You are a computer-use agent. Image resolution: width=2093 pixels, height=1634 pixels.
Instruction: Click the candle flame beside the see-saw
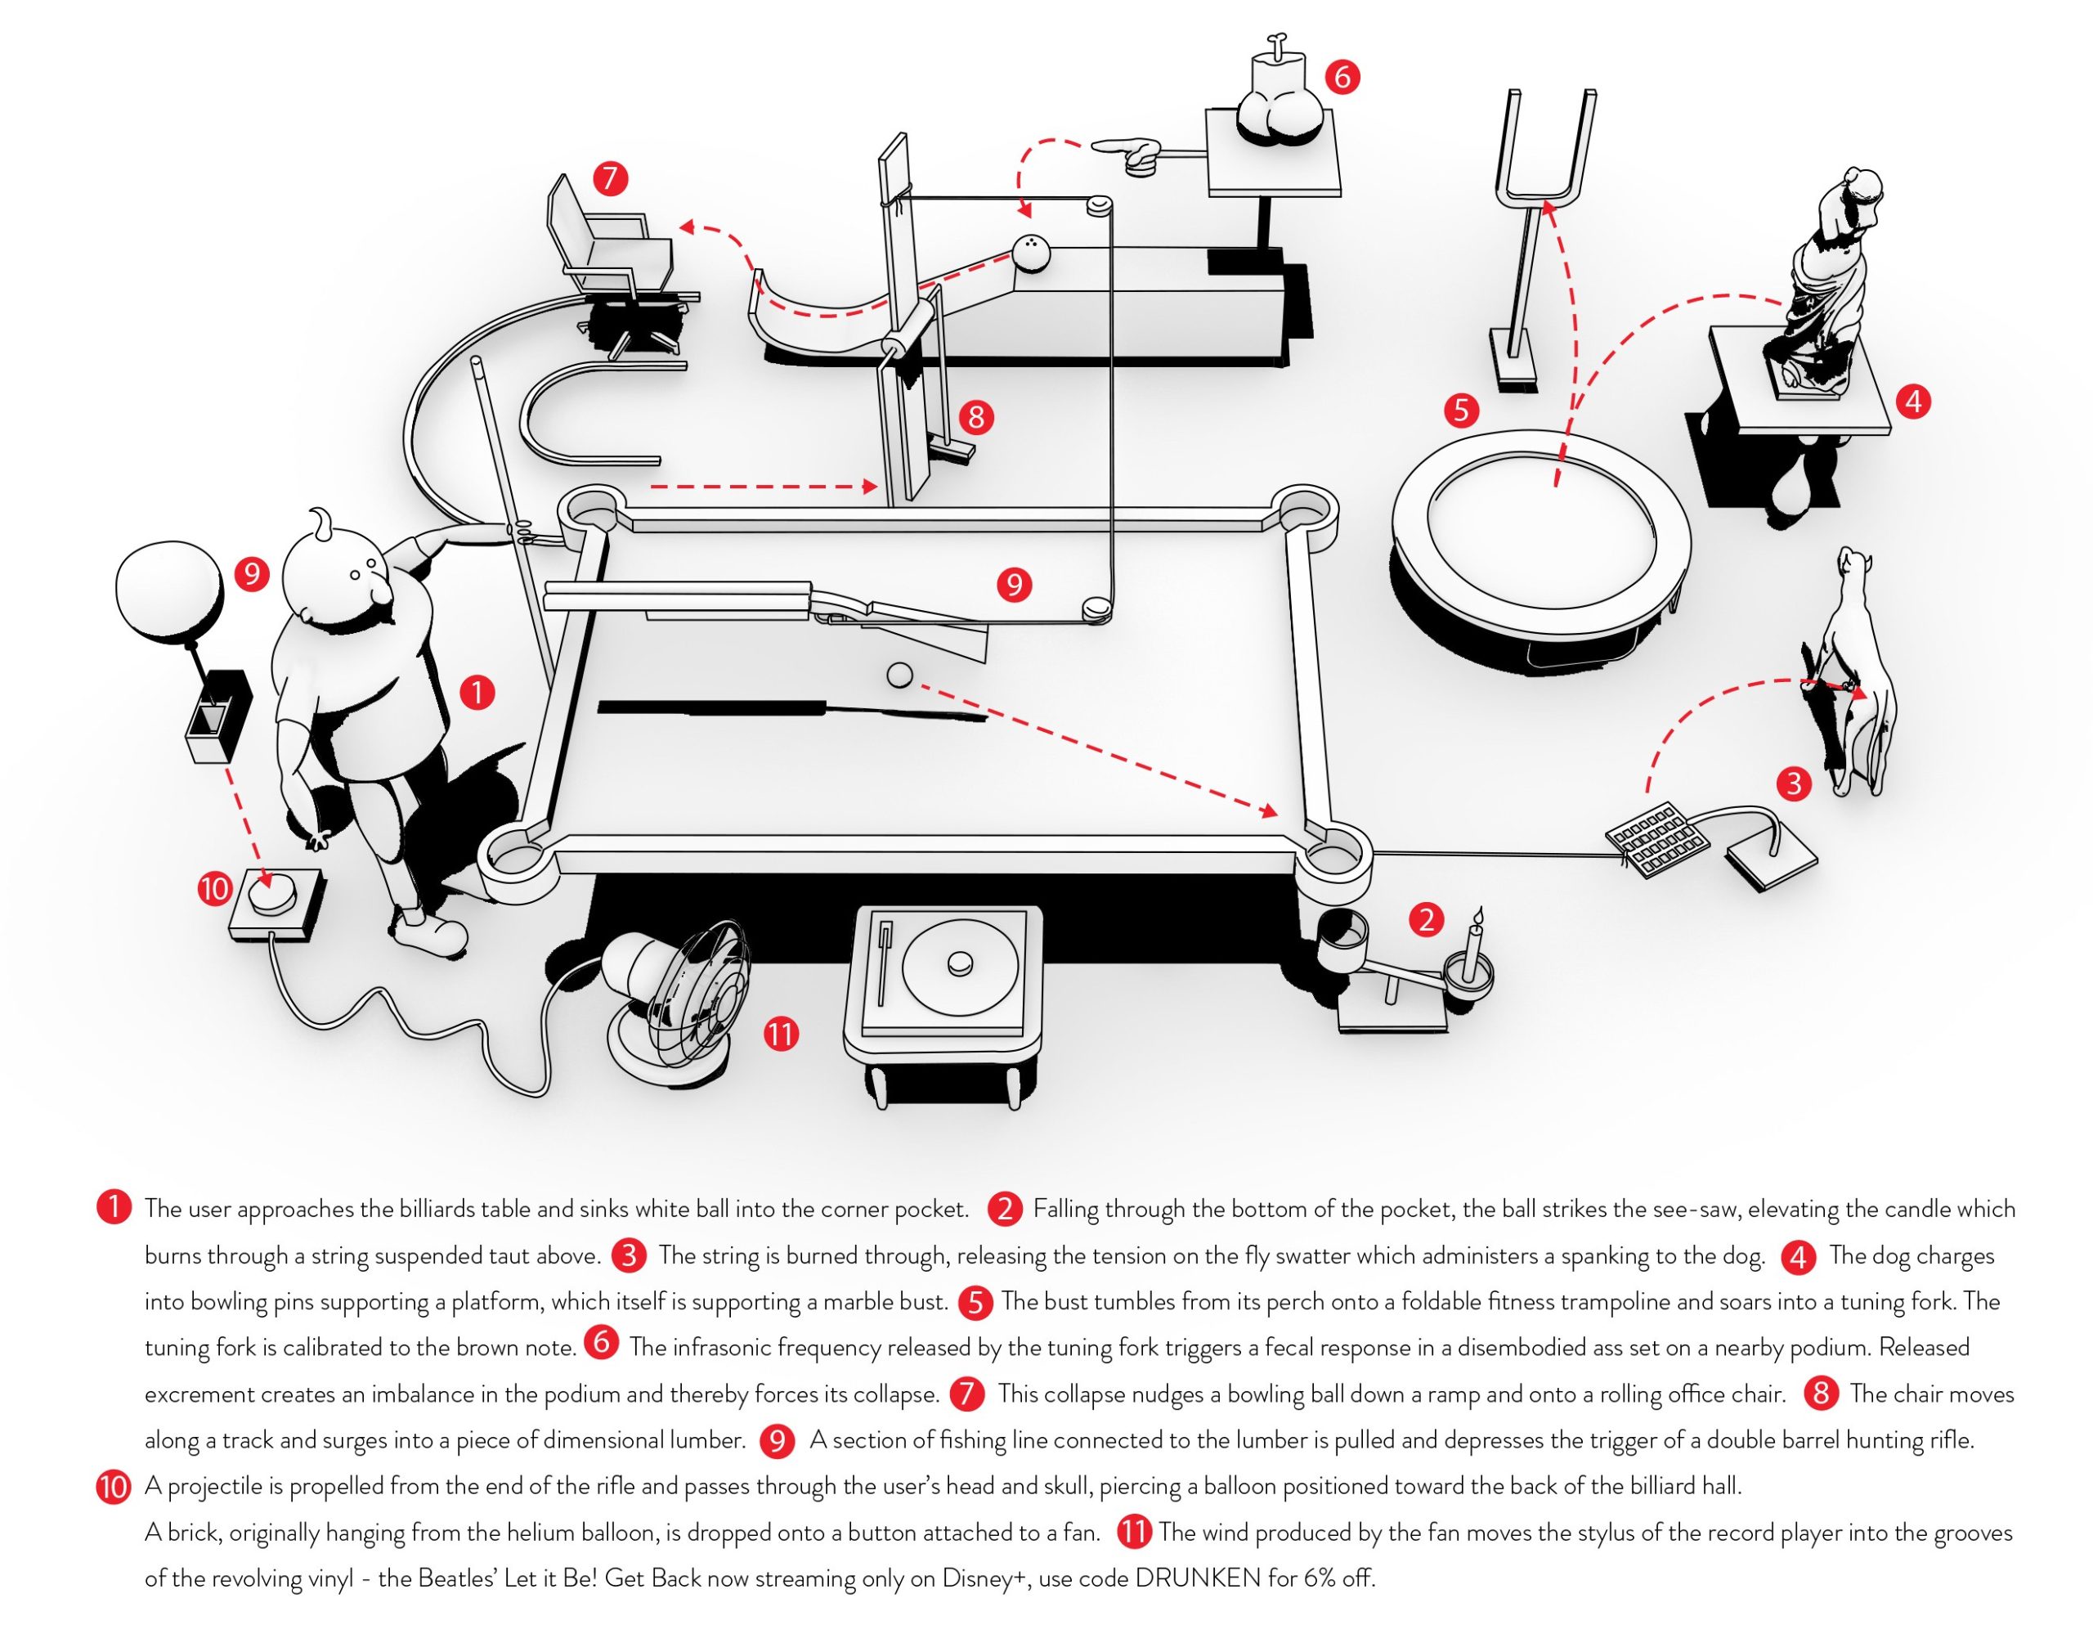(1477, 914)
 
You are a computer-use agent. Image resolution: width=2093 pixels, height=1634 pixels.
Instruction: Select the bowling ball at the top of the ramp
(1031, 254)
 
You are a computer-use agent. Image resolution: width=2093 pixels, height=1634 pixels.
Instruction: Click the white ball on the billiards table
(899, 675)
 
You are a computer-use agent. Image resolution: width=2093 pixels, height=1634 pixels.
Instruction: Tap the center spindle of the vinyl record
(959, 963)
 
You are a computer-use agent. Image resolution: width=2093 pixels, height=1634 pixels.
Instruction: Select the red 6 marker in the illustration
(1342, 76)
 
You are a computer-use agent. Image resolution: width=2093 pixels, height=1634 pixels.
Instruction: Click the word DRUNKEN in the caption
(1197, 1578)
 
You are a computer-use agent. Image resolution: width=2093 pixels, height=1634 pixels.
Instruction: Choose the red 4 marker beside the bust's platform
(1913, 401)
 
